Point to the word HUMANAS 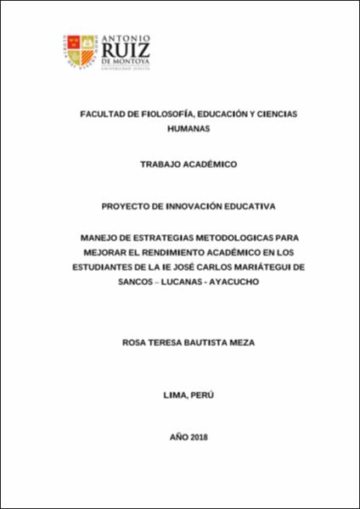(x=180, y=130)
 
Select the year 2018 (x=194, y=437)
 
